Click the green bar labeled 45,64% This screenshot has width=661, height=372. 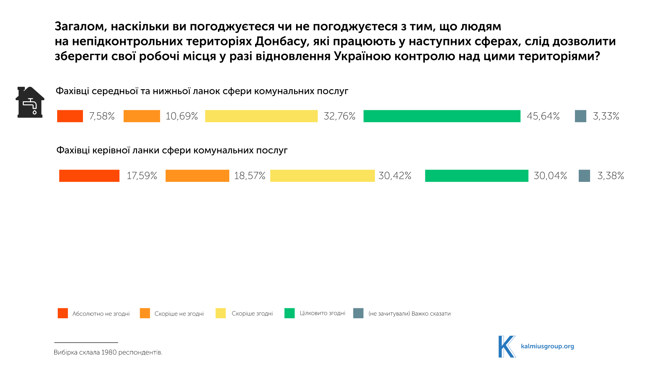pos(442,116)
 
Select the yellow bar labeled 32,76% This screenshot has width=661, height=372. pos(261,116)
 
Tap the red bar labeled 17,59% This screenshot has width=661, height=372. pos(89,176)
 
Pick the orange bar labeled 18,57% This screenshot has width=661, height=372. pos(197,176)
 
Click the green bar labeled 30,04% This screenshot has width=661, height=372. pos(476,176)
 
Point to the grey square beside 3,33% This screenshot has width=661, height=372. pos(580,116)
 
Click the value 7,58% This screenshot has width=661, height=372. pos(102,116)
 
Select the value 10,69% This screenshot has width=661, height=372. pos(181,116)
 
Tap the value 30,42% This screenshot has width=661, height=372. pos(395,176)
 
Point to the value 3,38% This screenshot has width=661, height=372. pos(610,176)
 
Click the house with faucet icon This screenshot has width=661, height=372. pos(30,102)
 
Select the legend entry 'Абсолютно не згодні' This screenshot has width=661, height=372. pos(101,314)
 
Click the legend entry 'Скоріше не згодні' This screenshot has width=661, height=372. pos(179,314)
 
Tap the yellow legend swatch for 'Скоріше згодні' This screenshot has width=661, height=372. pos(221,313)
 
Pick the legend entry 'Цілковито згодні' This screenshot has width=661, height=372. pos(322,313)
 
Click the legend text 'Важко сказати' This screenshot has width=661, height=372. pos(431,314)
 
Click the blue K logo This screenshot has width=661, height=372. pos(507,347)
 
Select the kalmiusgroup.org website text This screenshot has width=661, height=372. pos(547,346)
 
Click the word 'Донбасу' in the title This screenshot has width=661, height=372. pos(280,41)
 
